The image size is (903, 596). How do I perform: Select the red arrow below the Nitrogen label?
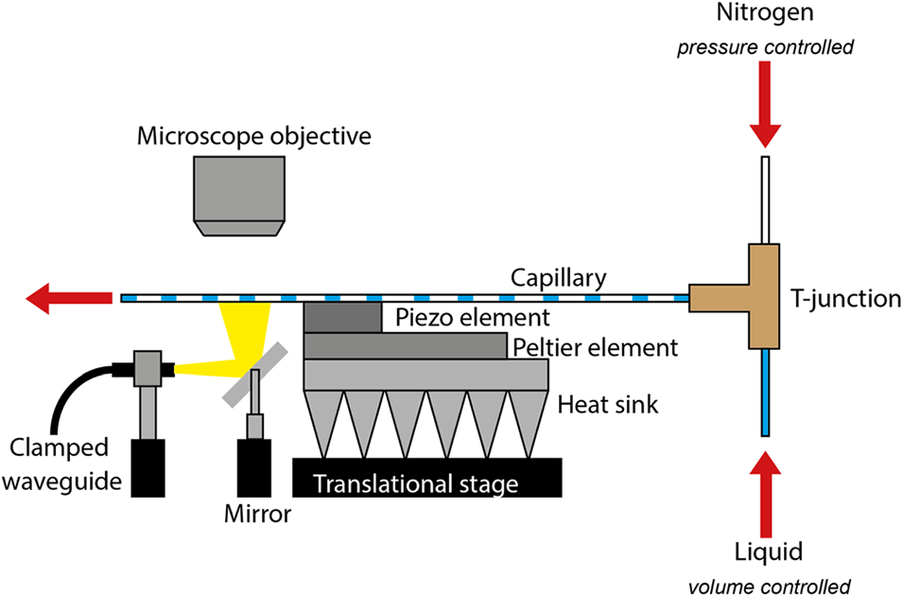764,118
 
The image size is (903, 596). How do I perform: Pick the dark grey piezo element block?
342,318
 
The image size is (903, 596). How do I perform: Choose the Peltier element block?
407,346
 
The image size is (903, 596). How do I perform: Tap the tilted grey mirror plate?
252,374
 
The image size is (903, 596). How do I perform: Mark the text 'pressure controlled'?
764,45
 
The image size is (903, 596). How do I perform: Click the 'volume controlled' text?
764,585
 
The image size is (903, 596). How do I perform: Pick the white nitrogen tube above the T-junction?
764,199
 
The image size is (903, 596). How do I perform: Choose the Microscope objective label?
254,135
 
